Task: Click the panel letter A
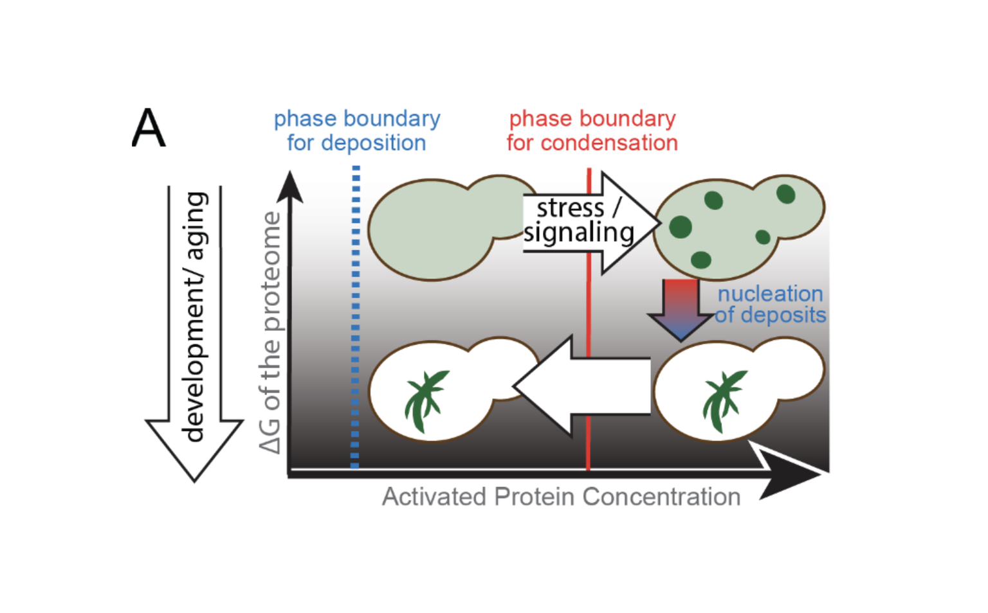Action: click(149, 128)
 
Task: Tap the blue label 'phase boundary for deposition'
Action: click(357, 130)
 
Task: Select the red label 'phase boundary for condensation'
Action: click(592, 130)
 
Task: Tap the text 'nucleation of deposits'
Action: click(770, 304)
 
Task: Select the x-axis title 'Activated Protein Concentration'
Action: click(561, 497)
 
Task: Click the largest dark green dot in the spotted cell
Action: click(681, 227)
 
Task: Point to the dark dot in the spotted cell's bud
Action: click(785, 193)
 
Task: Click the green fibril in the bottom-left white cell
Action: click(424, 399)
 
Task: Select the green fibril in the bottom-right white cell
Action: click(723, 399)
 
